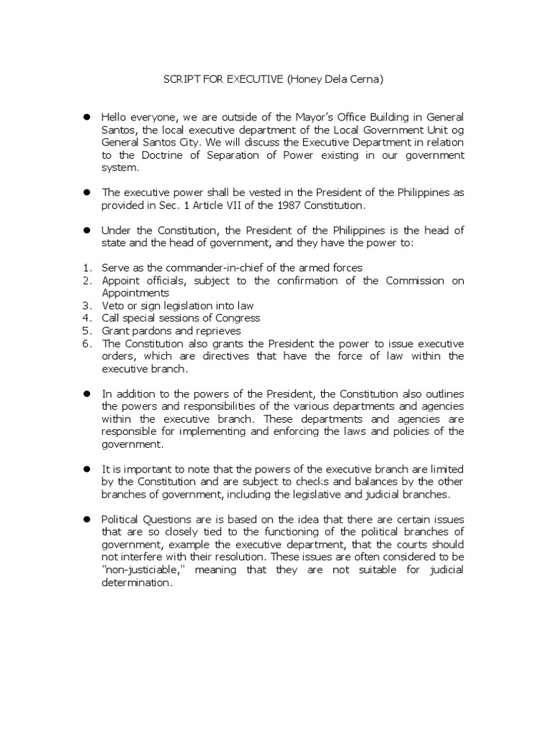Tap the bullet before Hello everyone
point(87,115)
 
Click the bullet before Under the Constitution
point(87,230)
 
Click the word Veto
point(113,305)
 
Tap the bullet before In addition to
point(87,394)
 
